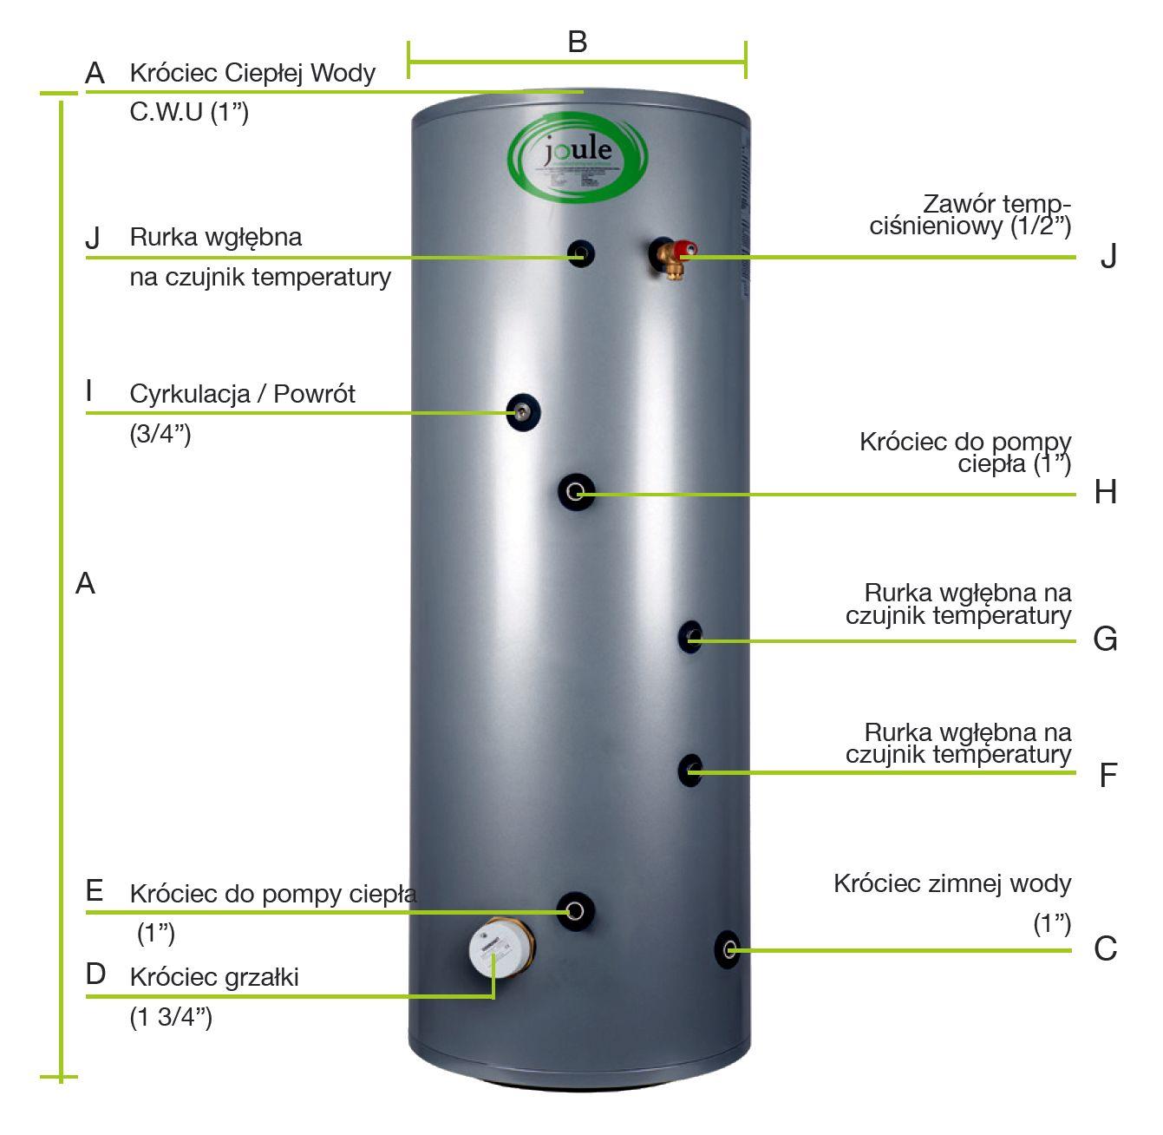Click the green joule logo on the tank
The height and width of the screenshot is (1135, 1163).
click(577, 156)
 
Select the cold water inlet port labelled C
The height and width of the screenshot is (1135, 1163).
click(727, 948)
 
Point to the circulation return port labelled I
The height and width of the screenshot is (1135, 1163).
click(523, 412)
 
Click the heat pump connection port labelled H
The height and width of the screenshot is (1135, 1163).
click(575, 492)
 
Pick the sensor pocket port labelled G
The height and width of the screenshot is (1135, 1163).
click(690, 638)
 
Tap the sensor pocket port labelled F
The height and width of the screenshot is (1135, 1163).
click(690, 770)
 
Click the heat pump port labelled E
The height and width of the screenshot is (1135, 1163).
click(575, 910)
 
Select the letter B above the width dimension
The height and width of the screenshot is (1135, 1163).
click(577, 41)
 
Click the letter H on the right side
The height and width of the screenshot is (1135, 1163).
click(1105, 492)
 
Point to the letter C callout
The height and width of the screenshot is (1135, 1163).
click(1105, 948)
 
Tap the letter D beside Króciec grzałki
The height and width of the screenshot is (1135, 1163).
click(95, 974)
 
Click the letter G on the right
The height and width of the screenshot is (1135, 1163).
click(1105, 639)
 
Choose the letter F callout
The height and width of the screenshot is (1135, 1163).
click(1107, 774)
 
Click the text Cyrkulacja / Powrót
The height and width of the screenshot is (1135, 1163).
click(242, 394)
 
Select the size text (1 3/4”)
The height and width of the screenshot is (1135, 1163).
click(171, 1017)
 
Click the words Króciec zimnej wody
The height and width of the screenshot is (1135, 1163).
click(952, 883)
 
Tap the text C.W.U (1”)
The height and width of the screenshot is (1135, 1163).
click(189, 112)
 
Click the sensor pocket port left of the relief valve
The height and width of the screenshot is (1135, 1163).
click(580, 254)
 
